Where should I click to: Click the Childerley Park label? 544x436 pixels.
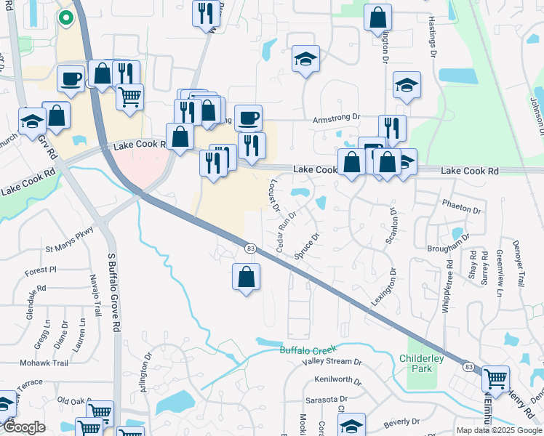click(x=416, y=363)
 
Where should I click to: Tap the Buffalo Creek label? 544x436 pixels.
click(x=310, y=350)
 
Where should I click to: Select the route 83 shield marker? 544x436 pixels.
click(x=250, y=249)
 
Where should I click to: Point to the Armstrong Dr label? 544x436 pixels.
click(x=336, y=116)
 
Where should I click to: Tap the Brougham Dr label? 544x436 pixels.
click(x=444, y=248)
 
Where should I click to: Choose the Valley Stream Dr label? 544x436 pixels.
click(x=332, y=362)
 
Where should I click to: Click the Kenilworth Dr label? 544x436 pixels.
click(x=338, y=380)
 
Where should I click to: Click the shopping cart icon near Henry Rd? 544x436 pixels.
click(x=495, y=378)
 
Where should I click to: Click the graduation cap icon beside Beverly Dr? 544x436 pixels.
click(x=351, y=427)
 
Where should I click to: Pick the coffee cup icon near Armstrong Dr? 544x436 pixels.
click(x=248, y=118)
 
